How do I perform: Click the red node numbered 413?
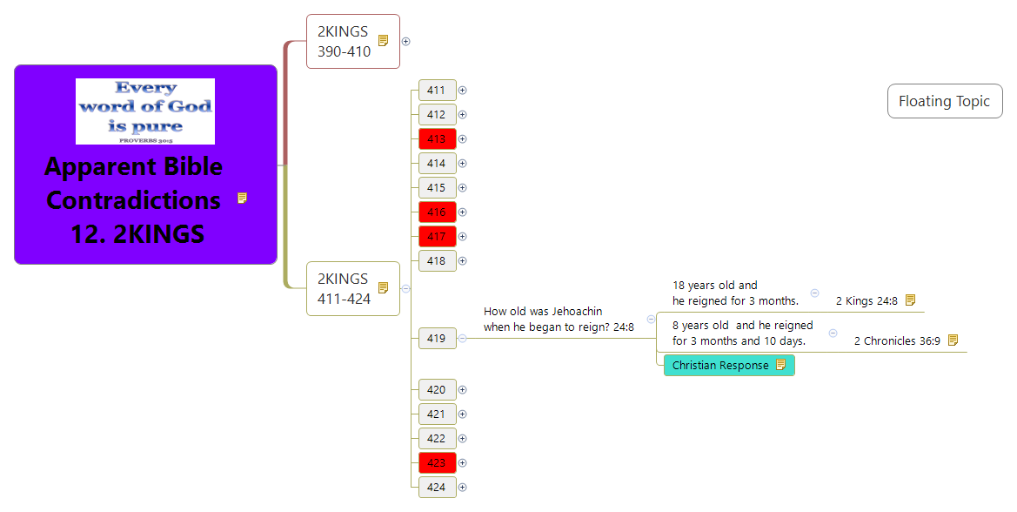pos(437,139)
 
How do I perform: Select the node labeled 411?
pos(437,91)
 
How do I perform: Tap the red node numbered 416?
pos(437,212)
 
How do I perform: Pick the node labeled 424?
pos(437,488)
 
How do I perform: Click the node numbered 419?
pos(437,339)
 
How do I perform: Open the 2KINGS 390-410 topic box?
pos(345,42)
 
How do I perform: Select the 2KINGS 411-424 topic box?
pos(345,289)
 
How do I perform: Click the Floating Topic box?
pos(944,102)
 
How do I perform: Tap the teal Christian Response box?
pos(720,366)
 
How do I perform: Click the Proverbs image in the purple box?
pos(145,111)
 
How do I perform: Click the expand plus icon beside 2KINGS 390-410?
pos(406,41)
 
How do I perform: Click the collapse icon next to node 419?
pos(462,339)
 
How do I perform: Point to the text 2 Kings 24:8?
pos(866,301)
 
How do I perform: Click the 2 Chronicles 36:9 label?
pos(897,341)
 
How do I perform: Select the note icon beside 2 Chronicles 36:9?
pos(953,340)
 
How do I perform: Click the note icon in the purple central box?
pos(242,199)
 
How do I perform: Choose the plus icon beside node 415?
pos(463,188)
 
